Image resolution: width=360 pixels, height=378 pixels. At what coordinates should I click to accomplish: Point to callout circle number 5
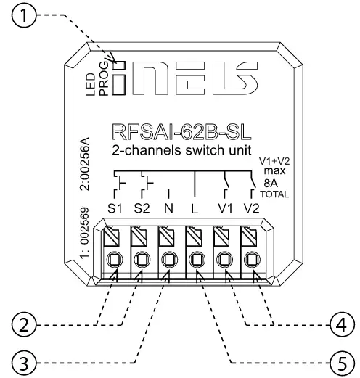[x=332, y=361]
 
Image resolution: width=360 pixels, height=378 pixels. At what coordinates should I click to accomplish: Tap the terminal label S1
[x=114, y=208]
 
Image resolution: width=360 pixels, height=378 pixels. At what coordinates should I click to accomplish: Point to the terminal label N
[x=169, y=208]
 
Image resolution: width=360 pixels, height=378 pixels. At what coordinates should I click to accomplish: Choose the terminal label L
[x=195, y=208]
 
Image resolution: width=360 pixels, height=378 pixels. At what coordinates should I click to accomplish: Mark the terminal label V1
[x=225, y=208]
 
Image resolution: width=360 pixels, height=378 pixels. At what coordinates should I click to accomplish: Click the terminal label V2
[x=252, y=208]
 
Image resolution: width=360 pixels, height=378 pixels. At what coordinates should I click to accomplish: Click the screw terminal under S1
[x=114, y=259]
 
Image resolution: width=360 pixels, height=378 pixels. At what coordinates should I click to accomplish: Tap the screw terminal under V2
[x=252, y=259]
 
